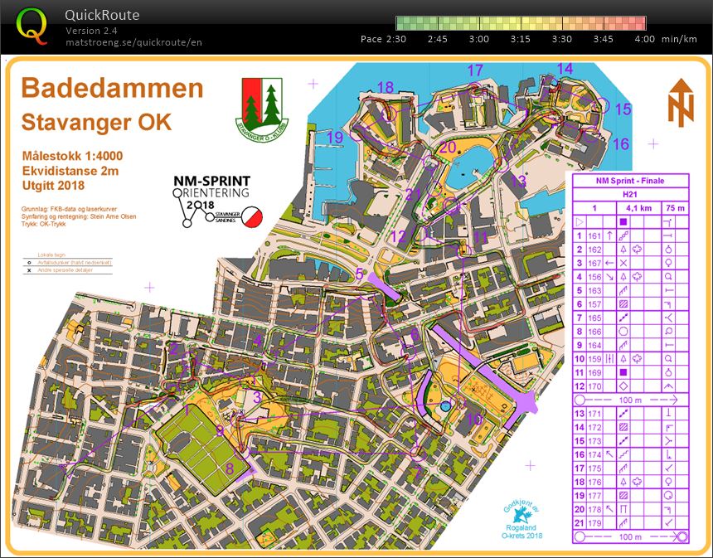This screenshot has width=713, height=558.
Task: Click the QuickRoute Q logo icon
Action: pos(32,26)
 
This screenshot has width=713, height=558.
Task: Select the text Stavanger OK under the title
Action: pos(96,122)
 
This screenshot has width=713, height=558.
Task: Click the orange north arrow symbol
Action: pos(680,103)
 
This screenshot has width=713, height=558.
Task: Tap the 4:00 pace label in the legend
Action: pos(643,39)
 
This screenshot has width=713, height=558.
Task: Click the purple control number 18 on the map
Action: pos(385,88)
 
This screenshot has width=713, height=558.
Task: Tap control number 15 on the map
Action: pos(623,109)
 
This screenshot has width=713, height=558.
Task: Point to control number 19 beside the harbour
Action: pos(335,137)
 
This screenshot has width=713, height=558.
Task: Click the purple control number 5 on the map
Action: pos(359,273)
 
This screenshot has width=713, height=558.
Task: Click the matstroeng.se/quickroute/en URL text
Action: pos(133,42)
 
